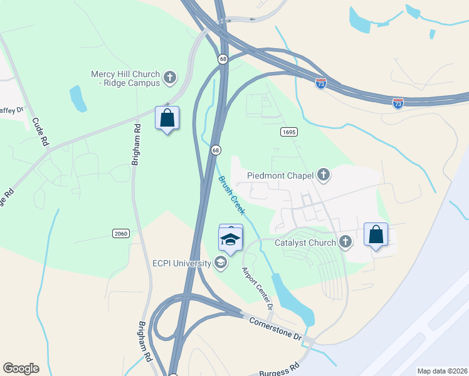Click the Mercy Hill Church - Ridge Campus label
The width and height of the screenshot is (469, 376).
[125, 78]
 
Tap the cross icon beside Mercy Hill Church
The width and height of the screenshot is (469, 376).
[169, 78]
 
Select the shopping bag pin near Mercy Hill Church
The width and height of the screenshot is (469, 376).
[167, 118]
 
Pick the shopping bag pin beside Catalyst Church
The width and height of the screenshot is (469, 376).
[376, 235]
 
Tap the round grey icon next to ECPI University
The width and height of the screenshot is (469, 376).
[220, 263]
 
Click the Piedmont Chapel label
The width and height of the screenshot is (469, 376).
[280, 175]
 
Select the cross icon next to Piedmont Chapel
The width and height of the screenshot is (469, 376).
[323, 174]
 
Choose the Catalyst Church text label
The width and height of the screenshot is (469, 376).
[305, 242]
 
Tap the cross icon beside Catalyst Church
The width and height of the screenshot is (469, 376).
[345, 242]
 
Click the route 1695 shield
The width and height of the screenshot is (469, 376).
[288, 132]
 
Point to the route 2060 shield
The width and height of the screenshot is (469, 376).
[121, 234]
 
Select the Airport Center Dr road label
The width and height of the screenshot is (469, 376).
[258, 288]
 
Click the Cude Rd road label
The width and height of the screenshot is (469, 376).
[40, 132]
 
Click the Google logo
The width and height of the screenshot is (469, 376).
[21, 368]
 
